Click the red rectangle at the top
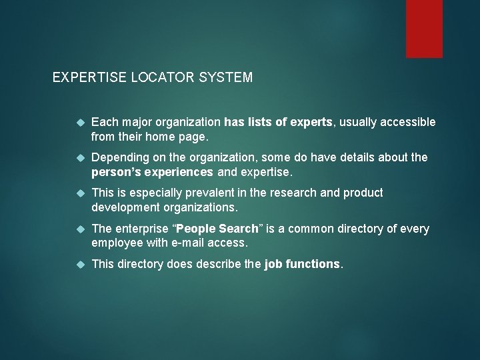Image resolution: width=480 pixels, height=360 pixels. [425, 28]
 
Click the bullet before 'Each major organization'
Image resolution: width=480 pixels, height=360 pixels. [80, 122]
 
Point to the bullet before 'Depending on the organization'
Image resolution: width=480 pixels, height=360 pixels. [80, 158]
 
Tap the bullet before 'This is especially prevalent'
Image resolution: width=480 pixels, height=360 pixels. [80, 193]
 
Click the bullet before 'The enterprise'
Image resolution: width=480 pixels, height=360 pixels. [80, 229]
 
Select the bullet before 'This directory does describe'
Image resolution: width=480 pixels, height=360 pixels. [80, 264]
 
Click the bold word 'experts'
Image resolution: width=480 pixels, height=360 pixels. [311, 122]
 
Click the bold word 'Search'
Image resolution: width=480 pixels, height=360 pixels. [239, 229]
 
